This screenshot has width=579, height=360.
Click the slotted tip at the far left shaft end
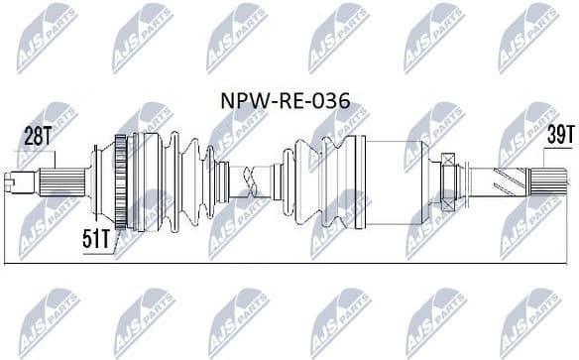[14, 180]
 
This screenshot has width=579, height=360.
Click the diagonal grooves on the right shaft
[501, 180]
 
